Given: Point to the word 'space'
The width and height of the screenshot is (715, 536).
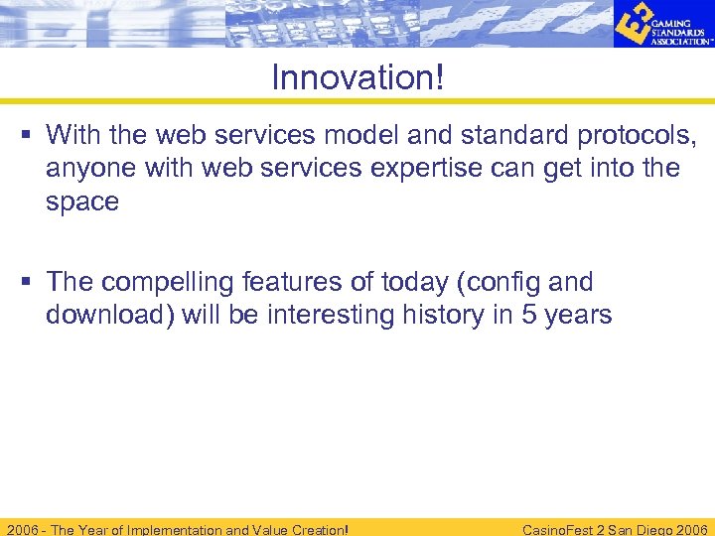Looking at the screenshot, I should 82,201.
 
